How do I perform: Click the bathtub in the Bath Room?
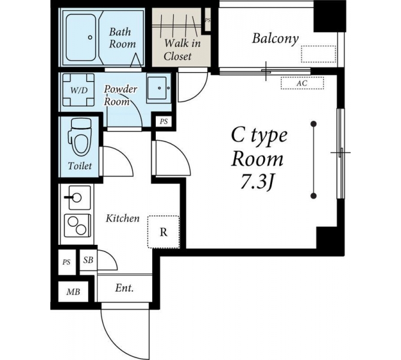[81, 37]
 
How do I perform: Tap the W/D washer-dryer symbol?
[79, 90]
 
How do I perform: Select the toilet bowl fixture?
[80, 137]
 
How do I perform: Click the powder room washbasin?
[159, 88]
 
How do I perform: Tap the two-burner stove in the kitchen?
[77, 226]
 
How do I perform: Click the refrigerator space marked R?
[164, 232]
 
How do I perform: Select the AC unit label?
[302, 83]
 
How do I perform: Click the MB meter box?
[73, 292]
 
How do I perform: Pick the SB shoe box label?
[88, 260]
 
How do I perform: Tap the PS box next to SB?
[67, 262]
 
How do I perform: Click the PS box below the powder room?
[164, 121]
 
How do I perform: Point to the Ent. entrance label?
[125, 288]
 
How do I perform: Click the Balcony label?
[275, 38]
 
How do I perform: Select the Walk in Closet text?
[182, 50]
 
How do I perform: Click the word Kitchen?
[123, 218]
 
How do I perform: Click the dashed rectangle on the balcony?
[318, 54]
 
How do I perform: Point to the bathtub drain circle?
[90, 37]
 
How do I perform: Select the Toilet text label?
[80, 166]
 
